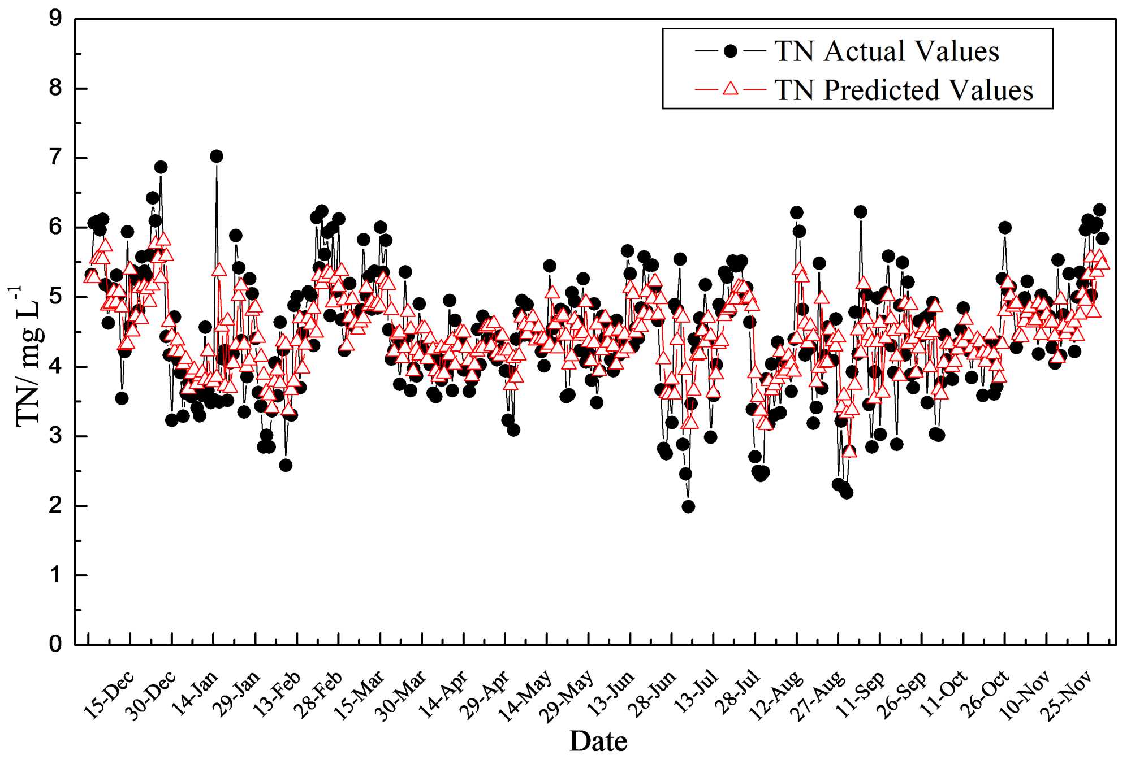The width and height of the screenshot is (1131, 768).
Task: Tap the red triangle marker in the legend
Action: tap(731, 89)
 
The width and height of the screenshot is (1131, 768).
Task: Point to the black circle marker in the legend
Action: tap(731, 51)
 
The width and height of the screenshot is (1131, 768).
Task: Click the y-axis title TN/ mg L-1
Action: tap(28, 356)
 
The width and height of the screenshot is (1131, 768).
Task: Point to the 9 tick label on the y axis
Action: tap(55, 19)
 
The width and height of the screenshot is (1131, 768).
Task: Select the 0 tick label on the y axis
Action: tap(55, 644)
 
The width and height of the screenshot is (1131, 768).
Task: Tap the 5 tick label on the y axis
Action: tap(55, 297)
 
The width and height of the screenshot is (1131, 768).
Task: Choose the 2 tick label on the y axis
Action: tap(55, 505)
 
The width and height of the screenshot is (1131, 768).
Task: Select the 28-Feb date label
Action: tap(321, 695)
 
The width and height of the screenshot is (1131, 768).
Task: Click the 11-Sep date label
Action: tap(861, 695)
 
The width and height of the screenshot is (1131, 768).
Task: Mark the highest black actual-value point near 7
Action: tap(216, 156)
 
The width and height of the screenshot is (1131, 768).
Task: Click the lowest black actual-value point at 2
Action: tap(688, 507)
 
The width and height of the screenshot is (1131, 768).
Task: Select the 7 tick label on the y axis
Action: tap(55, 158)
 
